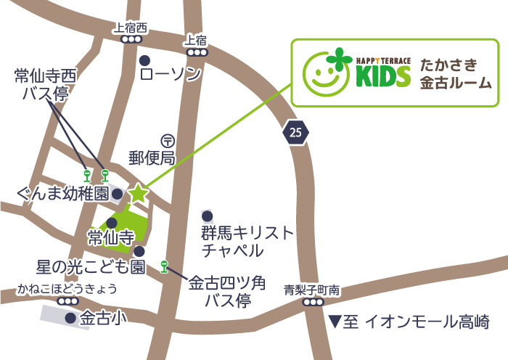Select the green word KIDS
382,76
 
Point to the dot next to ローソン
144,60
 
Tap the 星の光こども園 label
90,266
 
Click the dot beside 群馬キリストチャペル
207,216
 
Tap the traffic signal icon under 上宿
196,52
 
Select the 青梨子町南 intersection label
311,290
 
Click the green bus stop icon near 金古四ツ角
164,266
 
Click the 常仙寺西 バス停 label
45,83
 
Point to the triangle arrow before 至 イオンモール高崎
334,321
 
